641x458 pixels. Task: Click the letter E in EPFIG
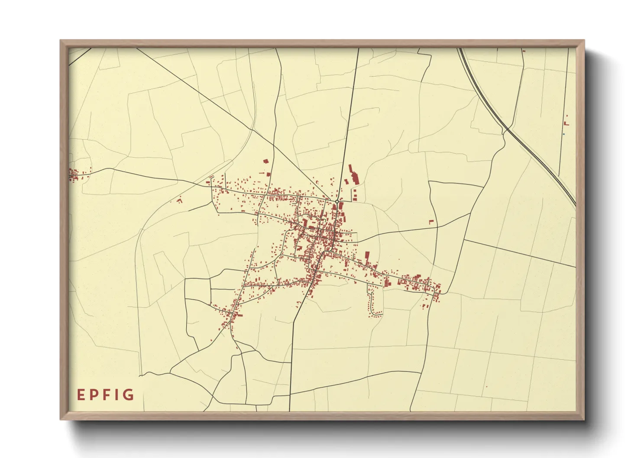pos(81,395)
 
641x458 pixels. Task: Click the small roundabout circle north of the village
pos(337,202)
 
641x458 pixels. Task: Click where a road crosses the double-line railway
pos(506,129)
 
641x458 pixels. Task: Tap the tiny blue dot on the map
pos(563,134)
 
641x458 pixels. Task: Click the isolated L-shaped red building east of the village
pos(431,222)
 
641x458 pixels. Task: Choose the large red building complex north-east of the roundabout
pos(355,177)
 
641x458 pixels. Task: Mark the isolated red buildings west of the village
pos(179,200)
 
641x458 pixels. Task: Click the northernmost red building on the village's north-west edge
pos(266,161)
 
